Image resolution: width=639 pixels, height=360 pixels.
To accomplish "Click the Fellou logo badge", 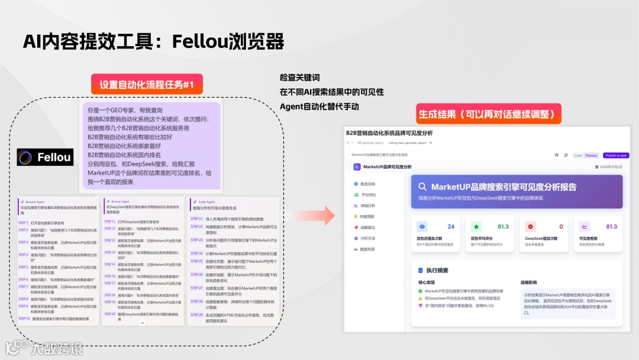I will (46, 157).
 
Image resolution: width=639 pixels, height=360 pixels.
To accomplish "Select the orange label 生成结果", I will (489, 114).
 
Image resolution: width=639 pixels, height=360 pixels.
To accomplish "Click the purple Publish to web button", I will (616, 156).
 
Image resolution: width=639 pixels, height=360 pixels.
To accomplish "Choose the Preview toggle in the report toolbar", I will (591, 156).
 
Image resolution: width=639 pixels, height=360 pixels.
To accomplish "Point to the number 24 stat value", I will (451, 227).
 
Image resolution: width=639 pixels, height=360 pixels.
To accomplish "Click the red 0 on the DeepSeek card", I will (561, 227).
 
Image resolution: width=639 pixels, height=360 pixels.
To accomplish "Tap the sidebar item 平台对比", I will (367, 195).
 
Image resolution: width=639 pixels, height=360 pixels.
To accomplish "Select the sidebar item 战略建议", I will (367, 227).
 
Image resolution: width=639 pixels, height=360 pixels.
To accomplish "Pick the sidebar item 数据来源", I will (367, 249).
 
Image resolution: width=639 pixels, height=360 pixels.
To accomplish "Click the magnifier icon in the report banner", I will (422, 187).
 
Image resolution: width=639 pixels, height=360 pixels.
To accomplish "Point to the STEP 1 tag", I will (24, 223).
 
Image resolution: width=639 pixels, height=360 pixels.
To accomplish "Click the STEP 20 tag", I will (110, 314).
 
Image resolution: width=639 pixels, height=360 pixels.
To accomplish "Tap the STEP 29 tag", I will (196, 315).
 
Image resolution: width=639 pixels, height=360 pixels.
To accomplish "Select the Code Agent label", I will (206, 201).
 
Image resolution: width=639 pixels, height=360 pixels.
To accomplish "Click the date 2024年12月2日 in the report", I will (608, 168).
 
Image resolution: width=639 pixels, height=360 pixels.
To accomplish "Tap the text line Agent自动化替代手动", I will (319, 107).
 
